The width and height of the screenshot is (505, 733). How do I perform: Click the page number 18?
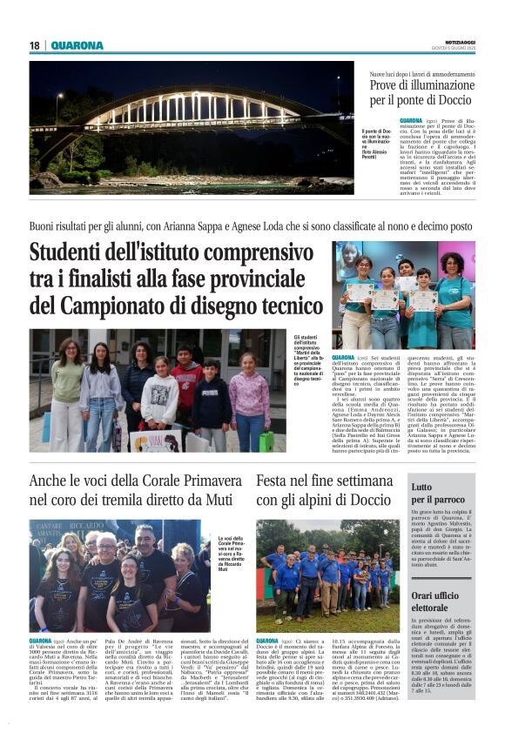[x=35, y=45]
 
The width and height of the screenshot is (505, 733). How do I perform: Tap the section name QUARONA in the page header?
[x=77, y=45]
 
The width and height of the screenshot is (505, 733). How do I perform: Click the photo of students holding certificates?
[x=403, y=296]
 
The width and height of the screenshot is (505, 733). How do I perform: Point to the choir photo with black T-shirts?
[x=113, y=576]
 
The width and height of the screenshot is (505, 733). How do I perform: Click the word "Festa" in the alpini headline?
[x=276, y=480]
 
